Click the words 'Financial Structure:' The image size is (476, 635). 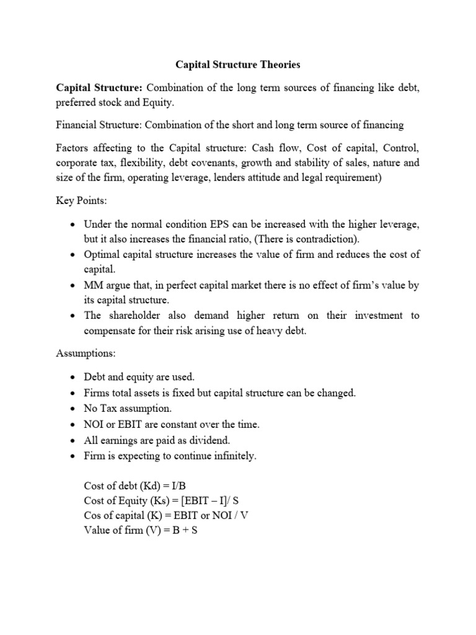click(x=99, y=125)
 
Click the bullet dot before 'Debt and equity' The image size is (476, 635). click(x=73, y=377)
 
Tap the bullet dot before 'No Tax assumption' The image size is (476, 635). click(x=73, y=409)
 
